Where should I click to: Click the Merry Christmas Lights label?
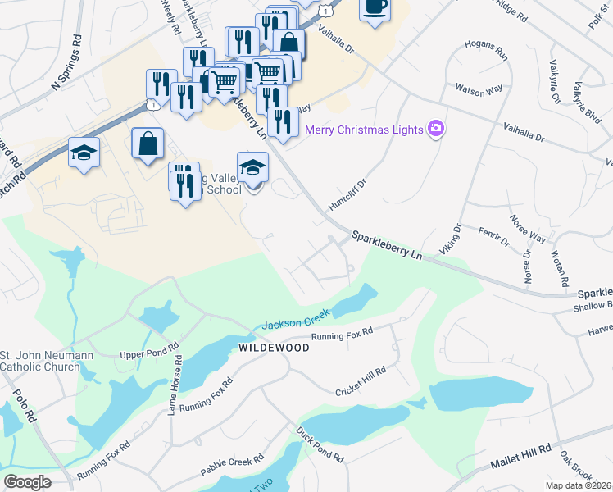pyautogui.click(x=363, y=130)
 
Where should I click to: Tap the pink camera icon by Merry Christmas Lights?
pyautogui.click(x=436, y=129)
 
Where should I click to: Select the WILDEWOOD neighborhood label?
pyautogui.click(x=274, y=348)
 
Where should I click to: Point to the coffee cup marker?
pyautogui.click(x=375, y=8)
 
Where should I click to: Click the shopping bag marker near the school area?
pyautogui.click(x=148, y=143)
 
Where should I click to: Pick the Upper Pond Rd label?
pyautogui.click(x=149, y=352)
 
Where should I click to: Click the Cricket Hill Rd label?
pyautogui.click(x=361, y=382)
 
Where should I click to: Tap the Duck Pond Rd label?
pyautogui.click(x=320, y=444)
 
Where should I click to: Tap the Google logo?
pyautogui.click(x=27, y=481)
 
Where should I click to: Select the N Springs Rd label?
pyautogui.click(x=67, y=62)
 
